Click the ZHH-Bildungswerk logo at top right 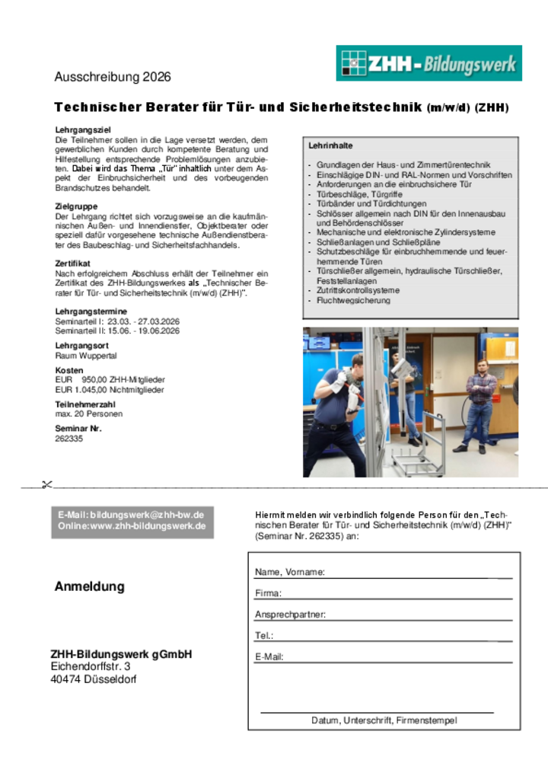point(429,63)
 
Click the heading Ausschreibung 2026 point(113,77)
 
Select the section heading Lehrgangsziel point(83,130)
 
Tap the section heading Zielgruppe point(76,206)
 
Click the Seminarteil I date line point(117,321)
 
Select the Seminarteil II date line point(117,331)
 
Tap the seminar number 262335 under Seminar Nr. point(69,439)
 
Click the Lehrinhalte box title point(330,145)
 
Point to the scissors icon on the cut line point(46,484)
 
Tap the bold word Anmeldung point(89,586)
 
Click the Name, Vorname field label point(290,572)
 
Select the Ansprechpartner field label point(290,614)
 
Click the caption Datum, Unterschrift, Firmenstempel point(384,720)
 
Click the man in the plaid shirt point(479,404)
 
